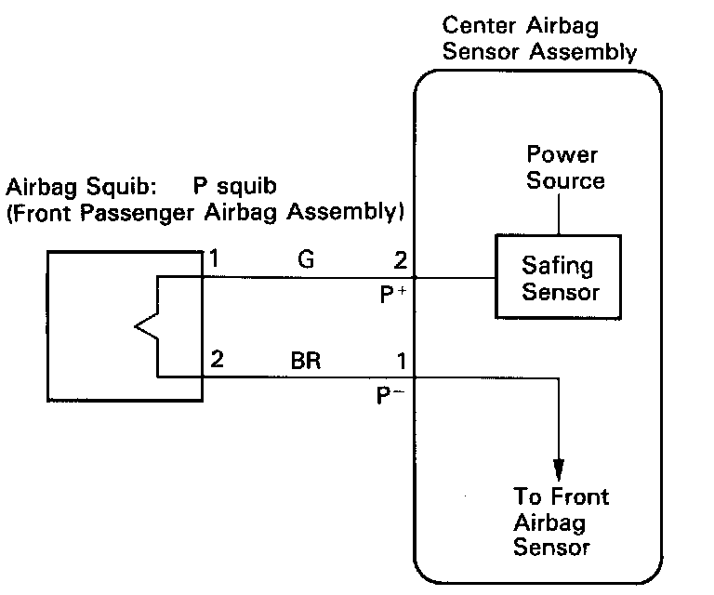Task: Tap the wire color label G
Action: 306,259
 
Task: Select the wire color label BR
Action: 306,361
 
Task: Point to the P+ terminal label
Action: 392,295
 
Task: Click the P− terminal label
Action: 390,395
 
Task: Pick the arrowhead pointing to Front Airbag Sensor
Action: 559,469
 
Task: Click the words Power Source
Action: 565,167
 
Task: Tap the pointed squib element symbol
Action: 146,326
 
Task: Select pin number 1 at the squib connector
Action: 214,258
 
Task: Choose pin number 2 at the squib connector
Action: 217,359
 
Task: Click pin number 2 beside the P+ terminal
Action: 401,260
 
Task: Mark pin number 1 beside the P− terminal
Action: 402,361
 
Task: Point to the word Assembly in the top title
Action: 583,52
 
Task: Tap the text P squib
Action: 234,186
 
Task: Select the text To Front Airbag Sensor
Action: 561,522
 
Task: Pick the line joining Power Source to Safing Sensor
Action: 559,212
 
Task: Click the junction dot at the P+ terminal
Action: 415,277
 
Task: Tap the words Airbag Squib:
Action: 81,187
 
